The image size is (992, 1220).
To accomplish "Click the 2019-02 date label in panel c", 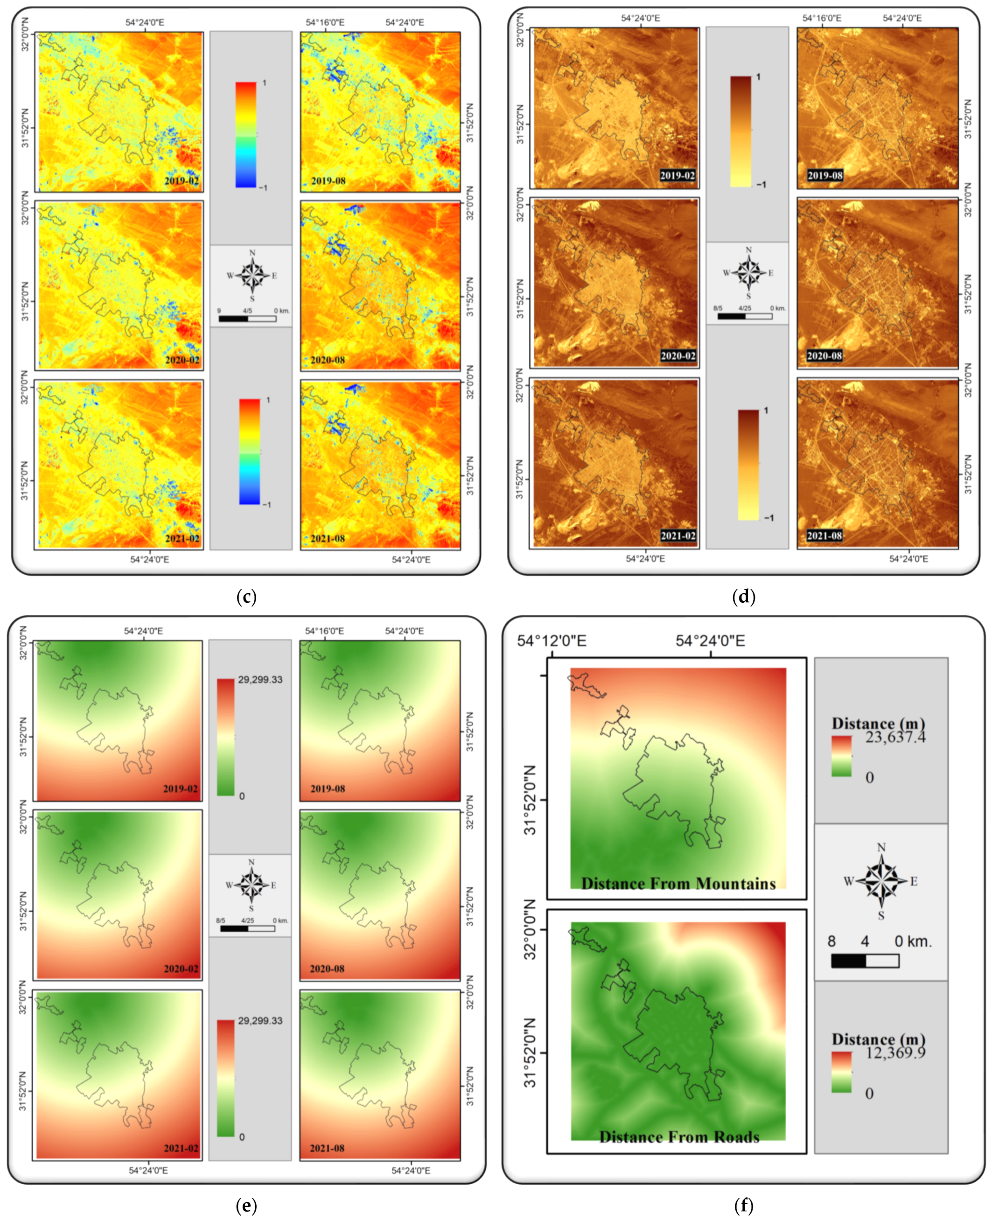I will (182, 181).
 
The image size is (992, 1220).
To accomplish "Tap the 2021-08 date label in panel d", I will (824, 536).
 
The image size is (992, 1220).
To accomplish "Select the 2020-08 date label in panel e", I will (327, 969).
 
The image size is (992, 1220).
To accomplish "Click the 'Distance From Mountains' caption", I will (678, 884).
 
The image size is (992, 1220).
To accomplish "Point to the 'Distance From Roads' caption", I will (679, 1136).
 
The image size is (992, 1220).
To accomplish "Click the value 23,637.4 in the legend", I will (895, 737).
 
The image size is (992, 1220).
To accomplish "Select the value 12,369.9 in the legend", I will (895, 1053).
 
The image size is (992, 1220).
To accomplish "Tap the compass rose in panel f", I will (881, 881).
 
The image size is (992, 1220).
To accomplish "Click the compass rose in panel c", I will (252, 275).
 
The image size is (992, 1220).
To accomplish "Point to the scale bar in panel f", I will (865, 961).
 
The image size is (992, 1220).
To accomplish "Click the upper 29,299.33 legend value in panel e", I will (260, 679).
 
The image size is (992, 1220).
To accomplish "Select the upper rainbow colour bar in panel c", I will (246, 134).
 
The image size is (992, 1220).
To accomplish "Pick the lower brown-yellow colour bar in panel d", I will (748, 465).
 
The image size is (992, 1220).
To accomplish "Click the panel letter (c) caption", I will (246, 597).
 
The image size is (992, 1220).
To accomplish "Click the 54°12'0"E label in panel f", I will (552, 641).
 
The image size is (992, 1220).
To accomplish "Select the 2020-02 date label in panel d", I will (678, 356).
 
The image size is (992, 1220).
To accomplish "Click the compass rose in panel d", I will (748, 272).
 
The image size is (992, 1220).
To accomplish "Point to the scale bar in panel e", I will (247, 928).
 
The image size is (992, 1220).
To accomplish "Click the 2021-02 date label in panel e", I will (181, 1148).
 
